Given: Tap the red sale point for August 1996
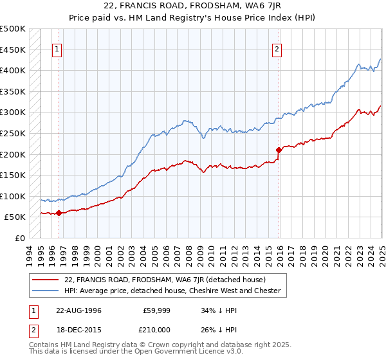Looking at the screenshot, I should pyautogui.click(x=59, y=213).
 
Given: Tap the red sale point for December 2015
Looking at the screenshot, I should pyautogui.click(x=279, y=150).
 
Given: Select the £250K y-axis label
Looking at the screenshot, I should pyautogui.click(x=13, y=133).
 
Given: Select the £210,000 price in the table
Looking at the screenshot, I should pyautogui.click(x=157, y=331).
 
